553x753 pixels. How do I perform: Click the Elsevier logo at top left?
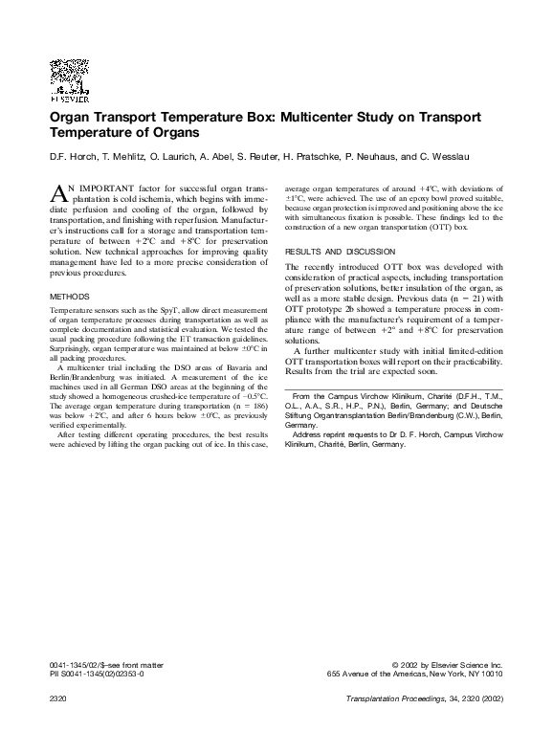69,80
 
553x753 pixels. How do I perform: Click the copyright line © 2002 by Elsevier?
447,664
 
